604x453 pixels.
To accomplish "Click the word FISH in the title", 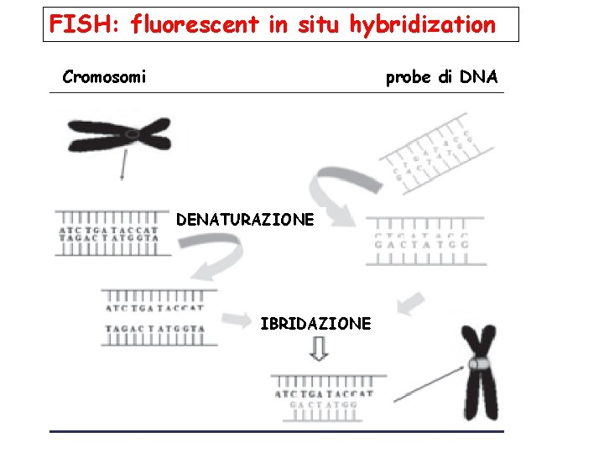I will (73, 24).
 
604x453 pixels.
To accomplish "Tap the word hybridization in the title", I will (423, 25).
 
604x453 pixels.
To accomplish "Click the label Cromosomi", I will (104, 77).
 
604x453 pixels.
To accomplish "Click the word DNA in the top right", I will (479, 77).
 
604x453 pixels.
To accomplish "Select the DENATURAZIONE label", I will (245, 220).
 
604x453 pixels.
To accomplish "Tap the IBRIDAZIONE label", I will (315, 323).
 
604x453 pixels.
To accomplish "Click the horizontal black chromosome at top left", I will (118, 134).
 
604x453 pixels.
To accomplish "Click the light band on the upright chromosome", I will (479, 365).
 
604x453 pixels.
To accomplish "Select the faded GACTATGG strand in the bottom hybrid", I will (323, 404).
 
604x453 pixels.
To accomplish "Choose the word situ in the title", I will (317, 24).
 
